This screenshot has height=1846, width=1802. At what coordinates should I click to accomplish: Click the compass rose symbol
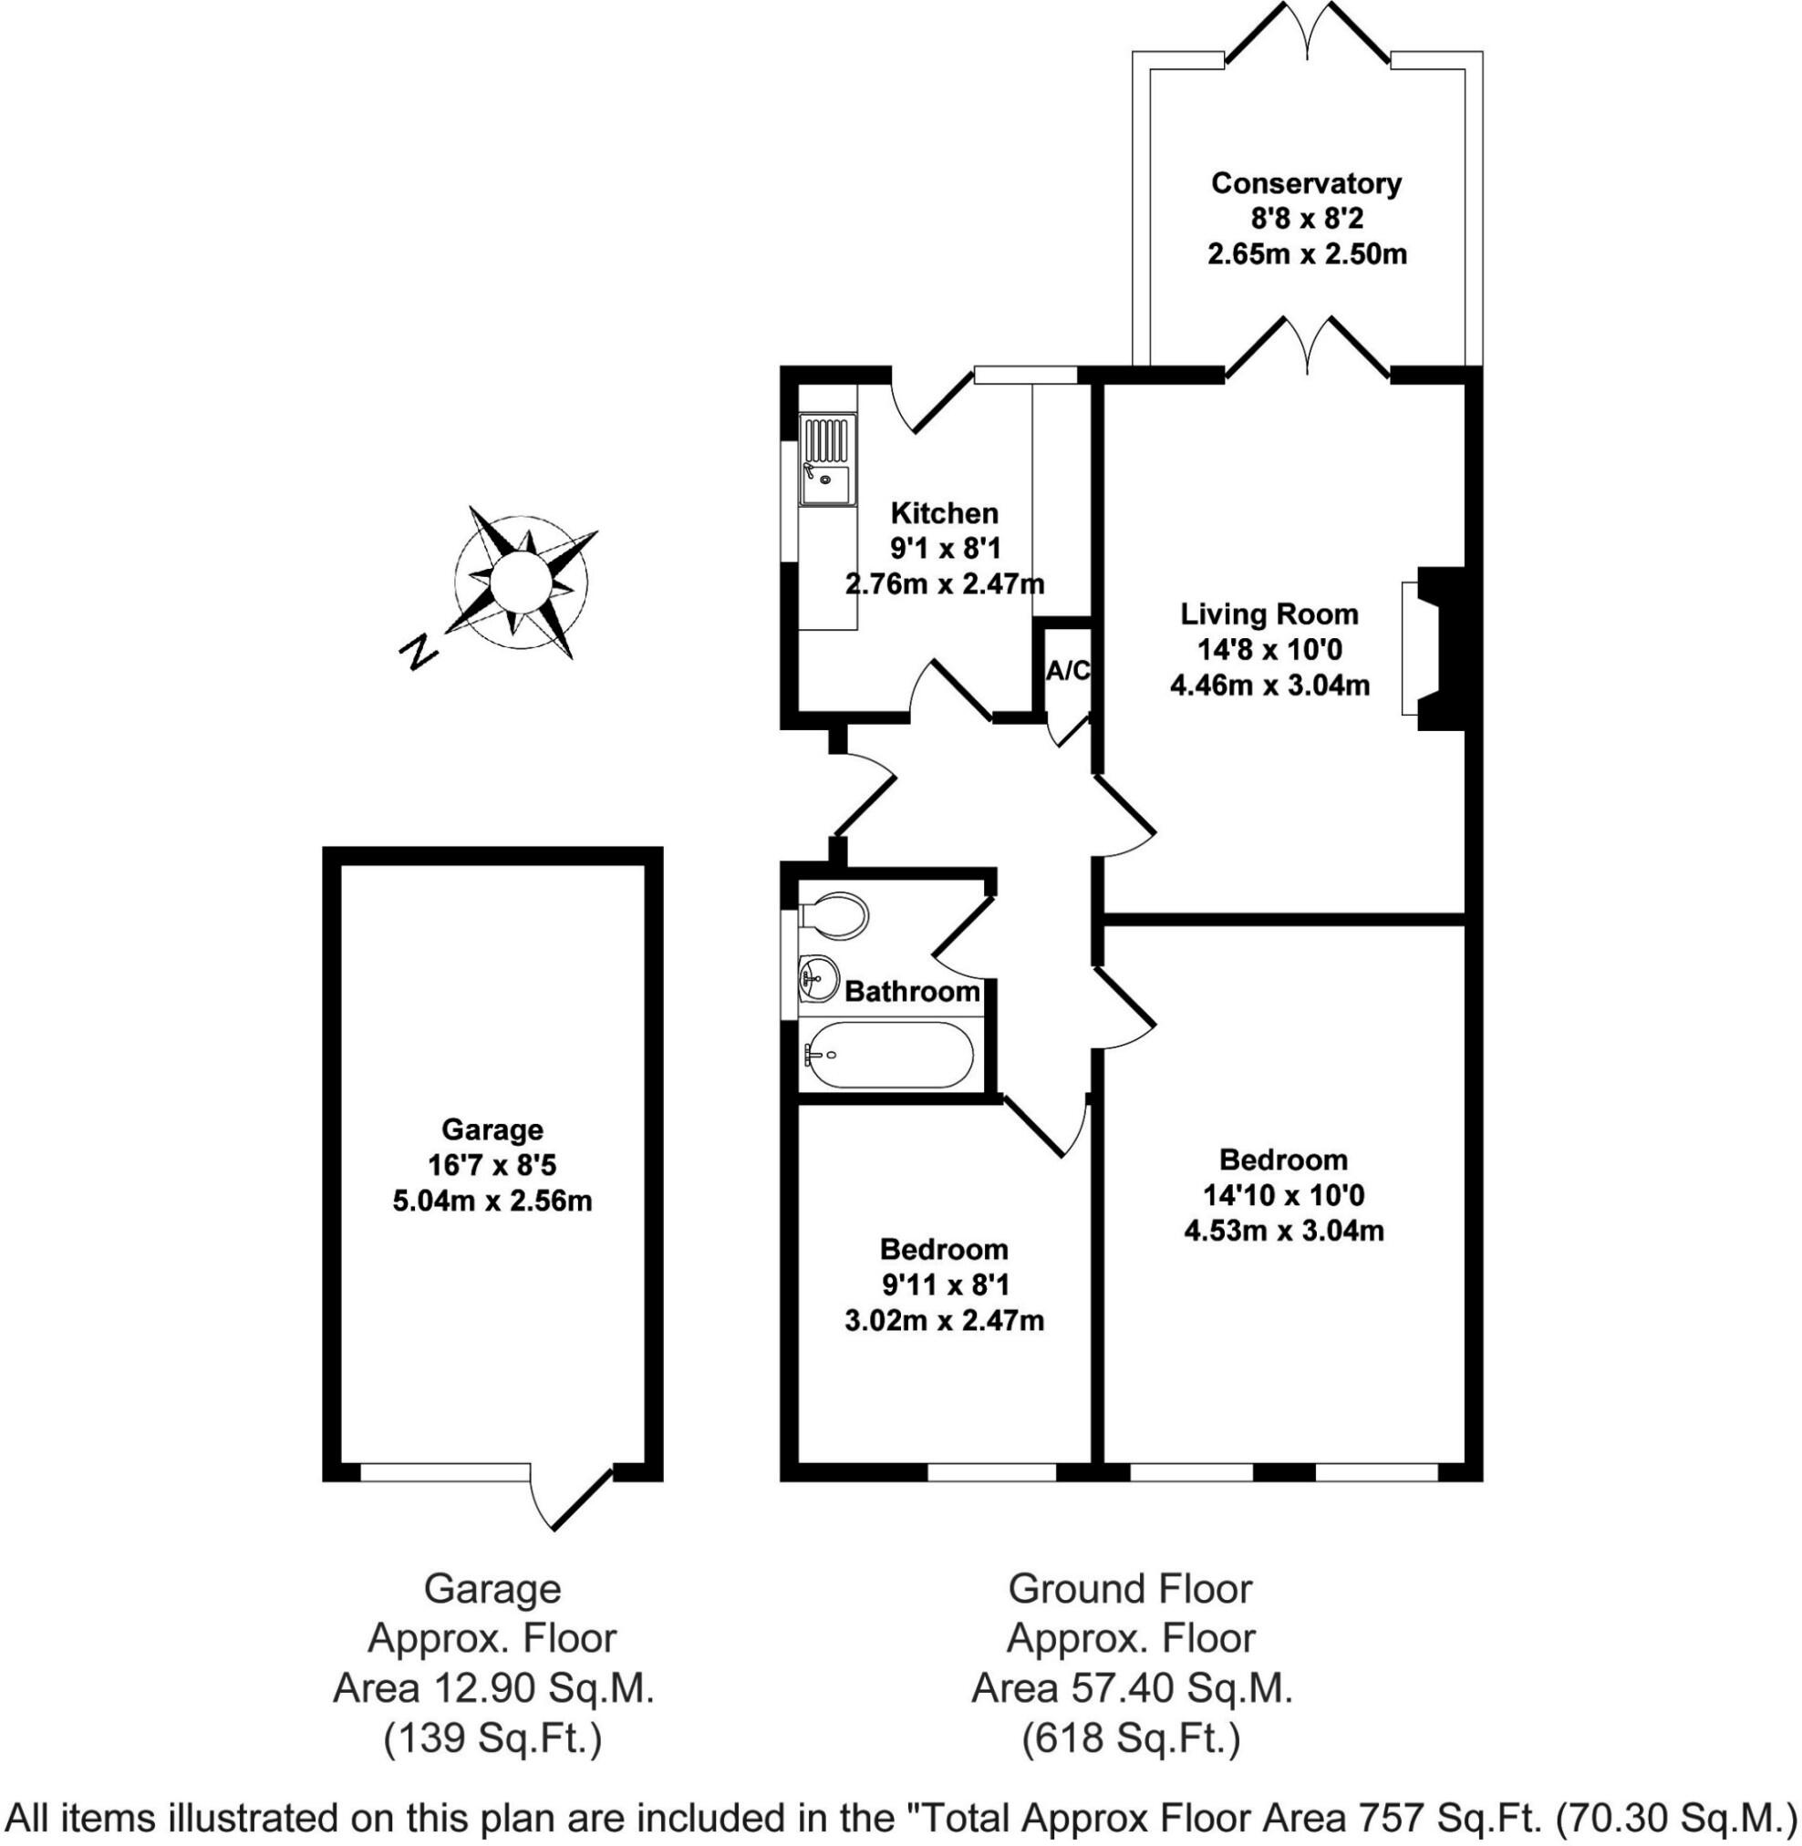(522, 581)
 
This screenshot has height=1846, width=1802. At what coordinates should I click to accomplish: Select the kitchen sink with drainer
(827, 459)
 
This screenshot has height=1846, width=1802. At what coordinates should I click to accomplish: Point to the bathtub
(887, 1053)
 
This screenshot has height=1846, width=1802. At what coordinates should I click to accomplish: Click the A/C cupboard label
(1068, 671)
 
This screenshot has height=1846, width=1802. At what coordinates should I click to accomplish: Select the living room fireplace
(1437, 648)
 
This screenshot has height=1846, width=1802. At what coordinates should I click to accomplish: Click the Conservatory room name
(1306, 183)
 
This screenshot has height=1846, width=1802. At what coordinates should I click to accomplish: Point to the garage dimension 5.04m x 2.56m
(492, 1201)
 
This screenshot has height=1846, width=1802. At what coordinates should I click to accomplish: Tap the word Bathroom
(911, 992)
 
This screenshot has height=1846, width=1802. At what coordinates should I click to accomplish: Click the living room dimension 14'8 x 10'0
(1269, 650)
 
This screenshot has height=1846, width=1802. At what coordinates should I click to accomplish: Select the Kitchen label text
(945, 514)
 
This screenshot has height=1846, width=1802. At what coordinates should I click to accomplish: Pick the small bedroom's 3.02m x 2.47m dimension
(944, 1320)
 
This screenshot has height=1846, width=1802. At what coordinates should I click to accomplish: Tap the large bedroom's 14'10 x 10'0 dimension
(1283, 1195)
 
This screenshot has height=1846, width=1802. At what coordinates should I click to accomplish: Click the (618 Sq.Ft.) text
(1131, 1739)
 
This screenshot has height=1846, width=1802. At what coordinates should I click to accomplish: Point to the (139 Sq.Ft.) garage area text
(492, 1739)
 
